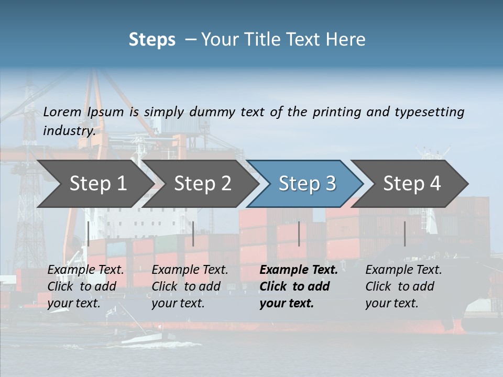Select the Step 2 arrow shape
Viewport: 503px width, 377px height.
(202, 184)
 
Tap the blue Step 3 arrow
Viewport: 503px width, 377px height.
(307, 184)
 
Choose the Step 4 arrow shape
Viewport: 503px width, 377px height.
(412, 184)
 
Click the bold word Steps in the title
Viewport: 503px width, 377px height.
(152, 40)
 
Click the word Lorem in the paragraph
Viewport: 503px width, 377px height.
(62, 112)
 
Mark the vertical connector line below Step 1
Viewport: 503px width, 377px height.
(89, 234)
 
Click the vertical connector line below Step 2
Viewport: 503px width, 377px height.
(193, 234)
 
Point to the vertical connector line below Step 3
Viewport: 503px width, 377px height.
(299, 234)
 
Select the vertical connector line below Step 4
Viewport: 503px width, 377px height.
(404, 234)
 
